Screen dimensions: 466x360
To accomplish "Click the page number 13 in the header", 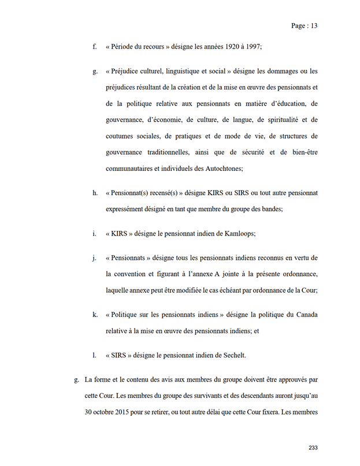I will click(314, 26).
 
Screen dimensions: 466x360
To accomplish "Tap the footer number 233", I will click(313, 448).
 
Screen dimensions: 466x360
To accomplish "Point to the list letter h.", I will click(95, 192).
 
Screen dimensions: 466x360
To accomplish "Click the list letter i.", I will click(95, 233).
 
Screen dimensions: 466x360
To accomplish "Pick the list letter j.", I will click(95, 258).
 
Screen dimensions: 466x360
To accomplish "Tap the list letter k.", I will click(95, 315).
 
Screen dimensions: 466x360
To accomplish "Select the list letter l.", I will click(95, 355).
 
